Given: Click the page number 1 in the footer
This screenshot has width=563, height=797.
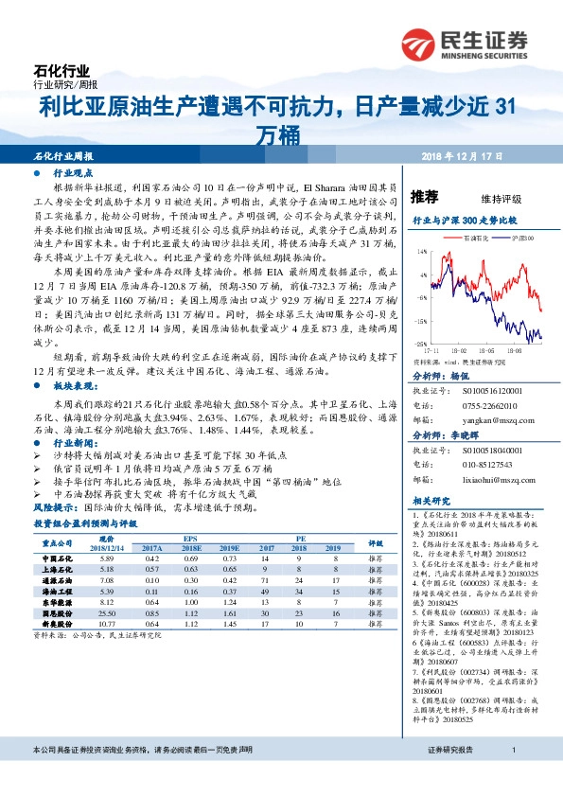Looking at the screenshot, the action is (513, 775).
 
